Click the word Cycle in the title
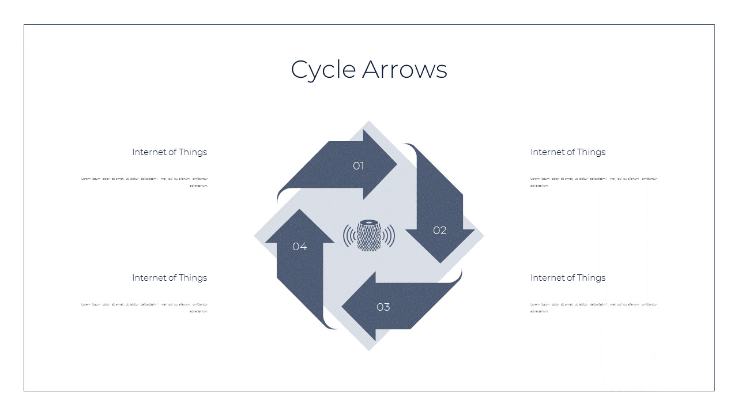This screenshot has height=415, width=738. (x=323, y=70)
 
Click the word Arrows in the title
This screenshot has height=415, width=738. (x=405, y=70)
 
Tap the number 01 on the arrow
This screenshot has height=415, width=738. (x=359, y=166)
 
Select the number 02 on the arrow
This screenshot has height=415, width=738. (x=440, y=231)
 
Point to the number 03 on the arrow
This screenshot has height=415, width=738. (x=383, y=307)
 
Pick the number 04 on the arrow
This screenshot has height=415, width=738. (x=299, y=247)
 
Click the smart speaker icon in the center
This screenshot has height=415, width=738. (x=369, y=235)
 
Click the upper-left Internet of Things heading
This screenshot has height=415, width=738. (x=170, y=152)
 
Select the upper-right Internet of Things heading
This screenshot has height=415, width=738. (x=568, y=152)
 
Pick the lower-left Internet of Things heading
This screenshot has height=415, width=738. (x=170, y=278)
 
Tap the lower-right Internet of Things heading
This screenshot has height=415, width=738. (x=568, y=278)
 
